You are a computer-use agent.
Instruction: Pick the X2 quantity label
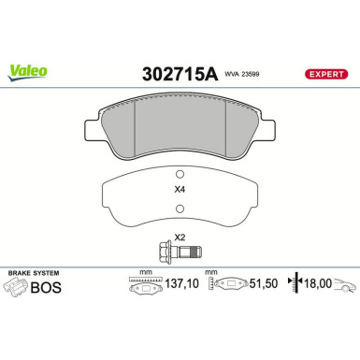pos(180,238)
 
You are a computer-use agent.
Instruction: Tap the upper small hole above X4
pos(180,174)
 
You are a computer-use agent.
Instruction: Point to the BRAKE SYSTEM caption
pos(34,275)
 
